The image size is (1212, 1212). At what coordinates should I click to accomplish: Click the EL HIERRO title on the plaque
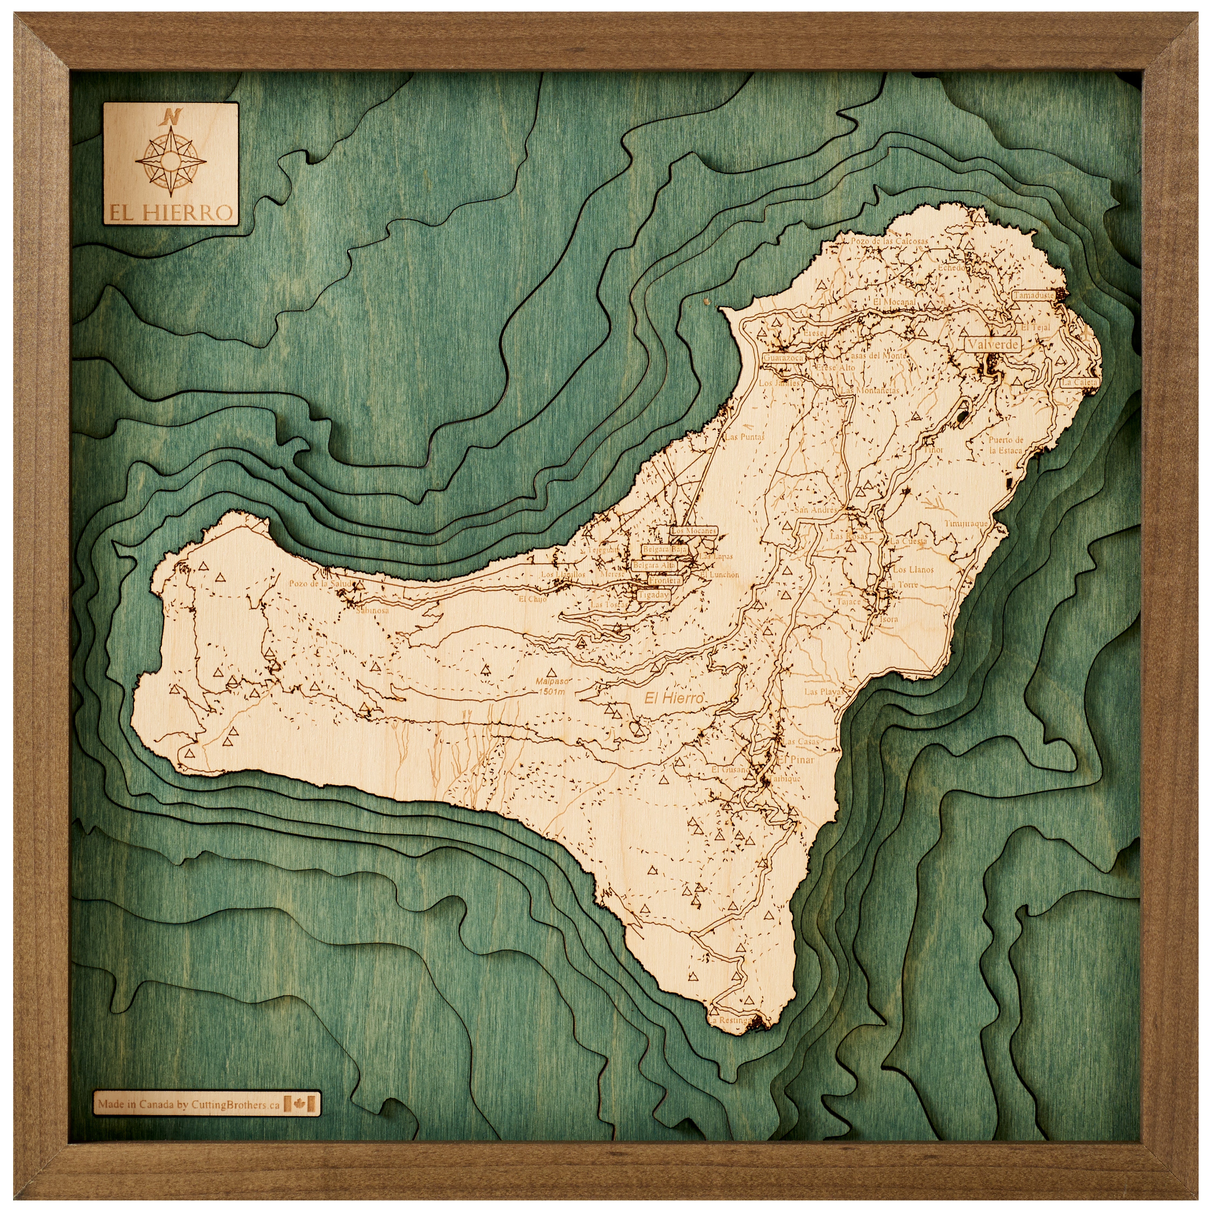click(x=171, y=213)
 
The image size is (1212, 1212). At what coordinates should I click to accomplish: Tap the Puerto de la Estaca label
click(x=1006, y=445)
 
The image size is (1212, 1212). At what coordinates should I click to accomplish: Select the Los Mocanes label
click(x=693, y=531)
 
